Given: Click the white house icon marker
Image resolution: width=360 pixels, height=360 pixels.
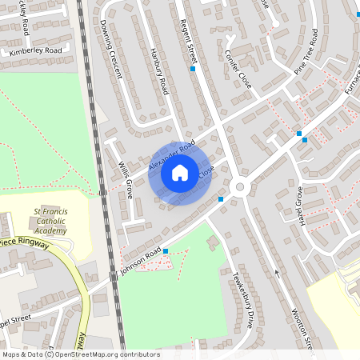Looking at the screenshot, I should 180,173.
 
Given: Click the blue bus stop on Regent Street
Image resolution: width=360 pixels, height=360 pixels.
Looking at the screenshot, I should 193,70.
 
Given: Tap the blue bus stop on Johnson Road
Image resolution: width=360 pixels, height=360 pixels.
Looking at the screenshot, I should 166,251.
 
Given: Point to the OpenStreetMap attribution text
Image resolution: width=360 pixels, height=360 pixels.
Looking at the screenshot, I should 80,354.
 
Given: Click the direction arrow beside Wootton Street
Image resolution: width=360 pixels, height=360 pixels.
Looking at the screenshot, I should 278,274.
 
